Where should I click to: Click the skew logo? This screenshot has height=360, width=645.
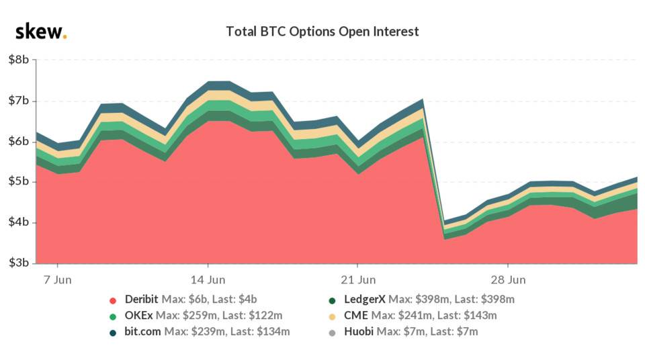[40, 32]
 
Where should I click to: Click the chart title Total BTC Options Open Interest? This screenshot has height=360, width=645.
[322, 32]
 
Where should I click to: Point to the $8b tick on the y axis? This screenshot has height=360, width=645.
[18, 60]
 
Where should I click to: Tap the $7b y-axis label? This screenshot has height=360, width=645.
[18, 101]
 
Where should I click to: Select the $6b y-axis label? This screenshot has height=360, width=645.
[18, 141]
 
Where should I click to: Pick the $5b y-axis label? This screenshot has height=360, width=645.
[18, 181]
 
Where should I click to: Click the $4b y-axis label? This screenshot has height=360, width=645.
[18, 222]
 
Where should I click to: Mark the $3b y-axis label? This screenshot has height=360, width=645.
[18, 263]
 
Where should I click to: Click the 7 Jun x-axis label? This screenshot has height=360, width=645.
[57, 279]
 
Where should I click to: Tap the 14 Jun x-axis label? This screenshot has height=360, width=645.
[207, 279]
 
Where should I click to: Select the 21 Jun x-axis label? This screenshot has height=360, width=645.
[357, 279]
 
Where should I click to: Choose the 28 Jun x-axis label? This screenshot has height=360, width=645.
[508, 279]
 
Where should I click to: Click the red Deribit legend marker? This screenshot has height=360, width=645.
[113, 300]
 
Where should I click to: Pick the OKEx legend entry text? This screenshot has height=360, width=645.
[202, 315]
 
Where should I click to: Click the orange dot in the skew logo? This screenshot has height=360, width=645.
[64, 37]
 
